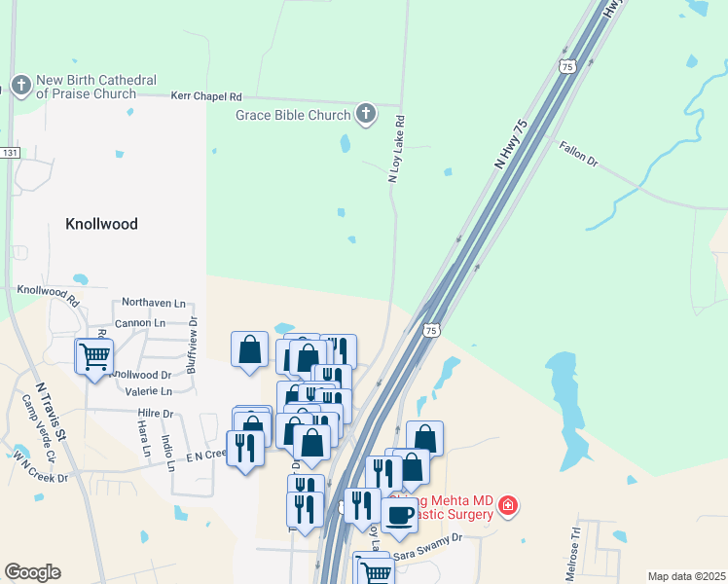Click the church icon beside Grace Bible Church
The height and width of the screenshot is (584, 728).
[x=366, y=116]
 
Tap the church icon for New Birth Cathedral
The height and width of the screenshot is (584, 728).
[x=19, y=85]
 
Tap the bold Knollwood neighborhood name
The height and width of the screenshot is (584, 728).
[x=101, y=223]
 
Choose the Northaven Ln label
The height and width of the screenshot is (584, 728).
[x=153, y=305]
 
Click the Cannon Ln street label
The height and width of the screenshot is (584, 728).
[x=139, y=322]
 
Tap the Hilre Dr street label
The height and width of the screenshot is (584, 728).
[x=155, y=414]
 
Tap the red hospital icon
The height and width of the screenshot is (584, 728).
[x=507, y=506]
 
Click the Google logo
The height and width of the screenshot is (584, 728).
[x=32, y=572]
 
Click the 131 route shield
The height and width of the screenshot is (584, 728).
[x=10, y=153]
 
